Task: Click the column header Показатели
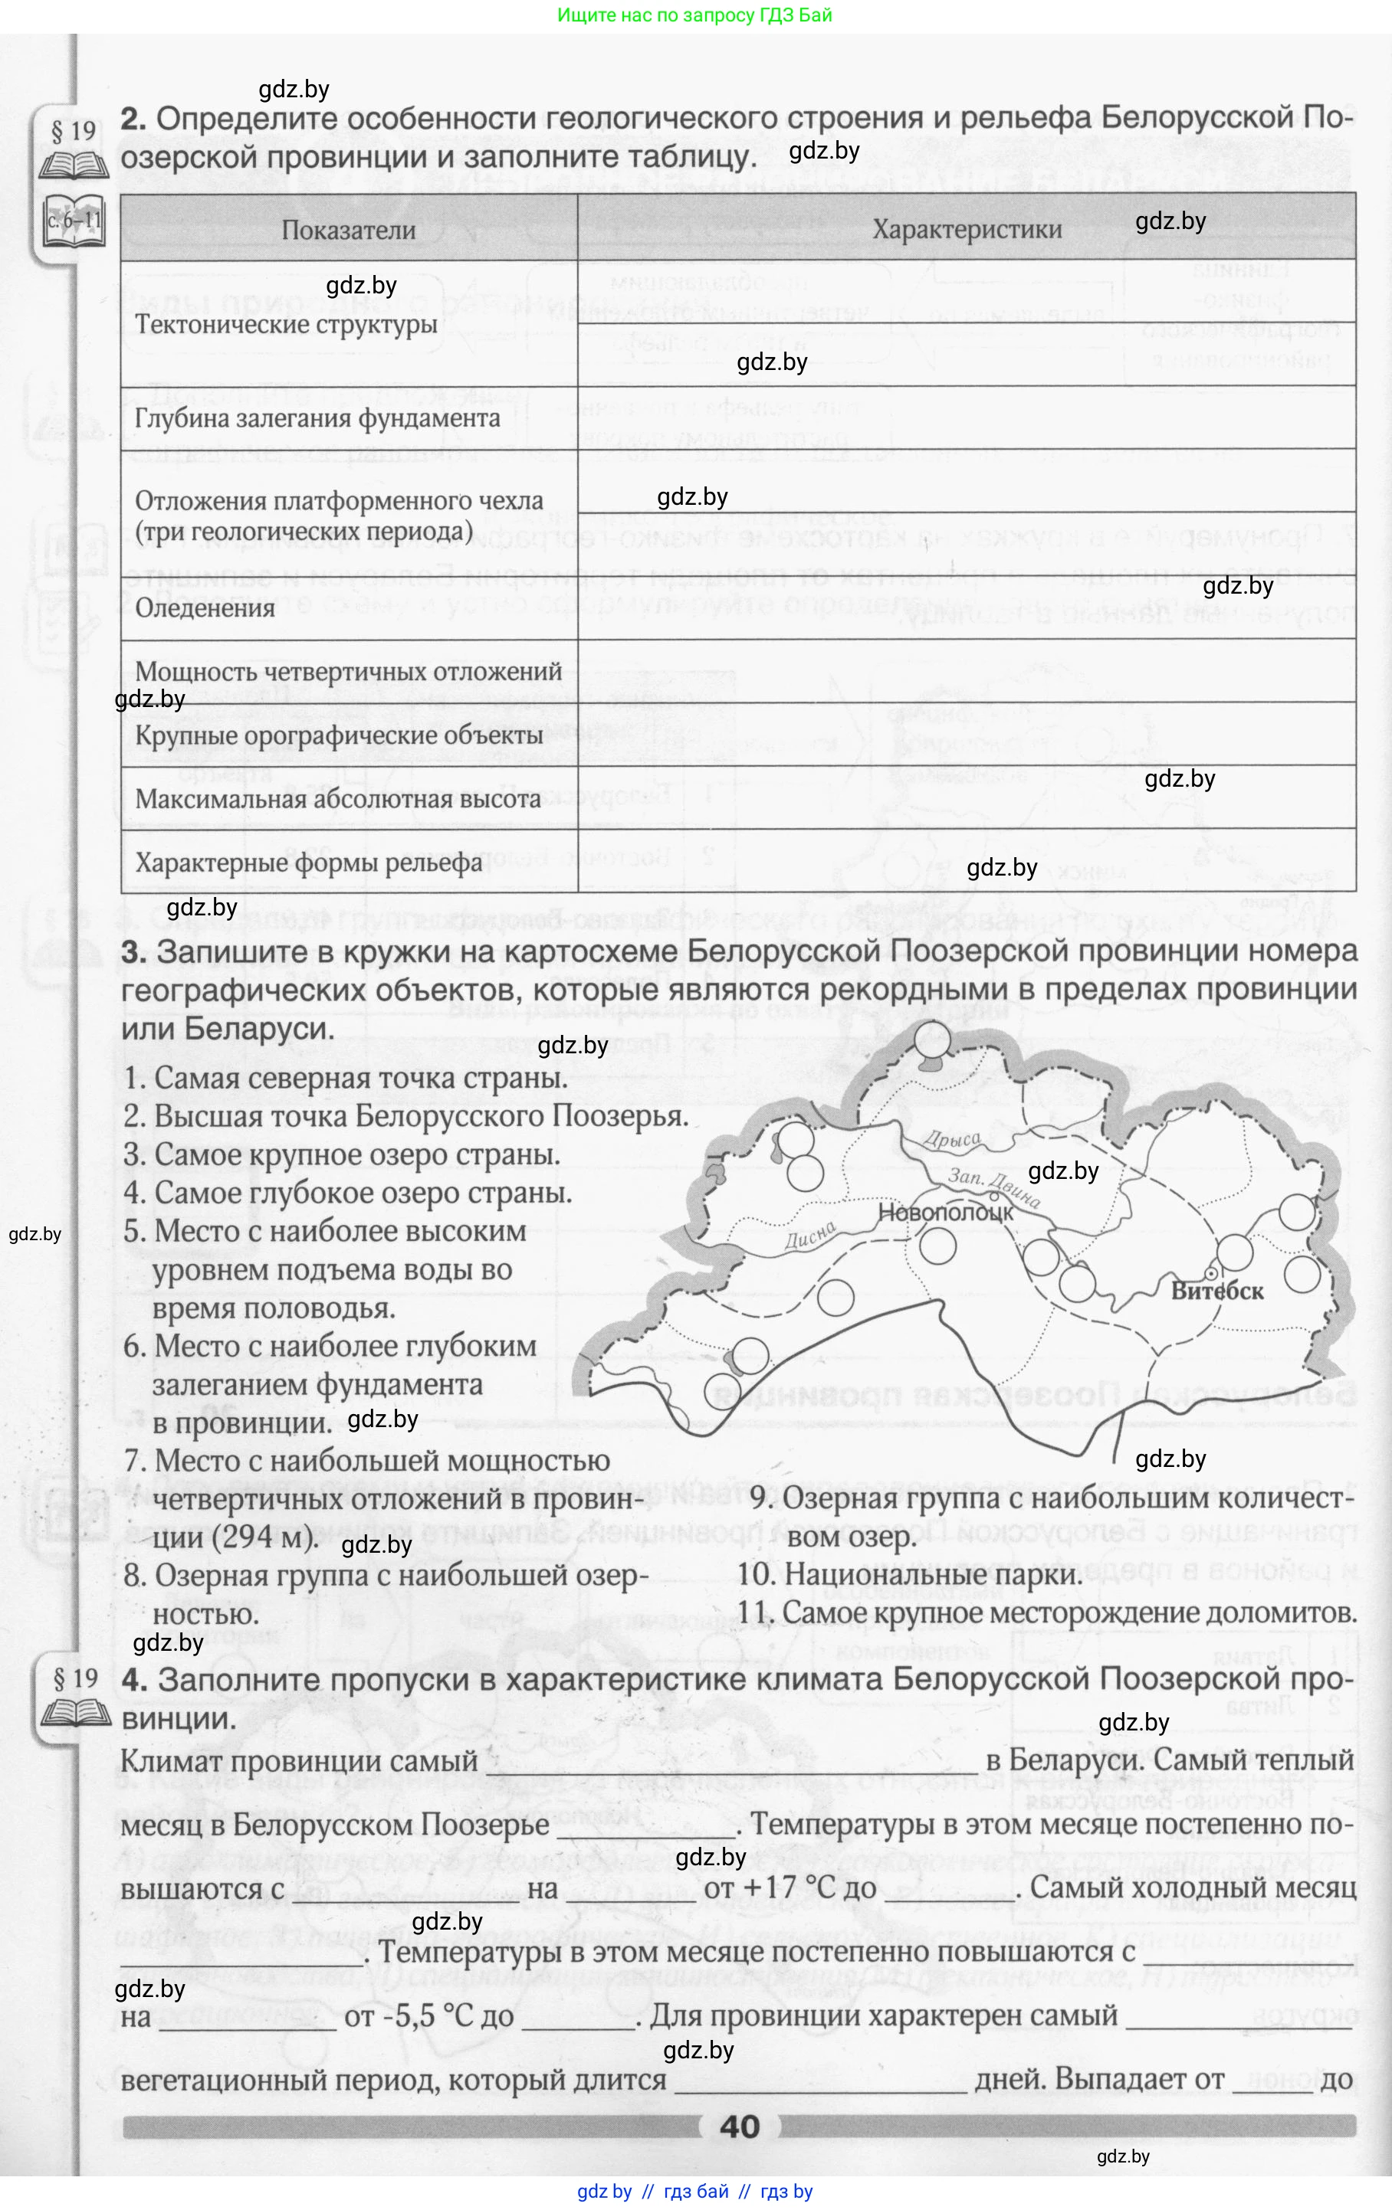(348, 231)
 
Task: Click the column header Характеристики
(966, 230)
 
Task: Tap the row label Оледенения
(205, 607)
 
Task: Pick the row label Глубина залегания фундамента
(317, 418)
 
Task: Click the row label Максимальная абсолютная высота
(337, 798)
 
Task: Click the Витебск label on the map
(1216, 1291)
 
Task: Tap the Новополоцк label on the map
(946, 1211)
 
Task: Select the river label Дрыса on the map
(952, 1140)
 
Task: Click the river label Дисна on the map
(811, 1236)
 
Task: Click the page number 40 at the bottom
(740, 2127)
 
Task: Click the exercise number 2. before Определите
(134, 119)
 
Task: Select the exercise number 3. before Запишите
(134, 951)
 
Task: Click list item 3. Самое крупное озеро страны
(342, 1154)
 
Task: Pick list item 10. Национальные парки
(909, 1573)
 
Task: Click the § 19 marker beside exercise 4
(74, 1678)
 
